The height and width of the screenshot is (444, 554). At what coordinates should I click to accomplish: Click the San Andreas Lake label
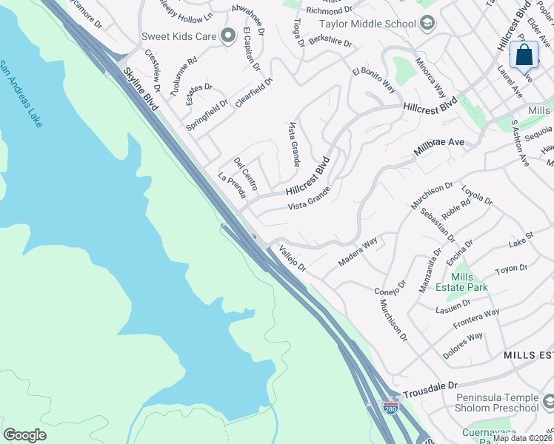(21, 94)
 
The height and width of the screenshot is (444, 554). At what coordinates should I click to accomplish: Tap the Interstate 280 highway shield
(390, 407)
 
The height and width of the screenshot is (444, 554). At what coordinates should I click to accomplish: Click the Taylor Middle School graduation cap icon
(427, 24)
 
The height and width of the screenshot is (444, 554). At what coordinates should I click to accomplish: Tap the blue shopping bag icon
(524, 55)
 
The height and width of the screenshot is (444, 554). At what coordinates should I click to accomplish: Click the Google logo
(25, 435)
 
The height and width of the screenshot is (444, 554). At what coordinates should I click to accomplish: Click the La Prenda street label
(231, 186)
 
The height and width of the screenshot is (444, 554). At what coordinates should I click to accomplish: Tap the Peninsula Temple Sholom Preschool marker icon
(549, 402)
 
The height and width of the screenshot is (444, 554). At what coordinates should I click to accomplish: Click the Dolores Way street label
(463, 346)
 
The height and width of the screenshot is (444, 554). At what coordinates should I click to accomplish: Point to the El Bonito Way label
(374, 80)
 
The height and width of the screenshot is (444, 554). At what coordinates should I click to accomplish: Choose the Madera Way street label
(358, 252)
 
